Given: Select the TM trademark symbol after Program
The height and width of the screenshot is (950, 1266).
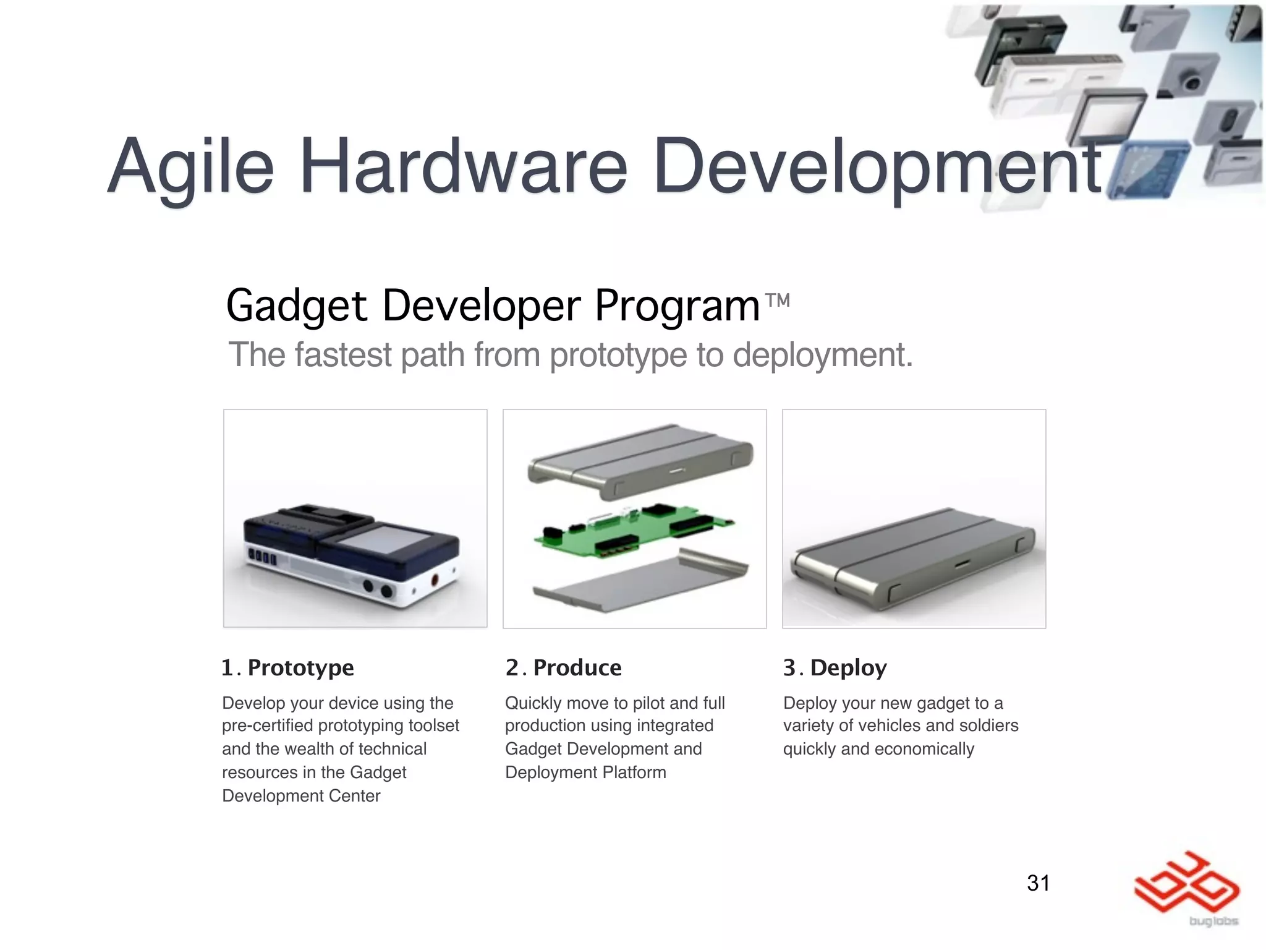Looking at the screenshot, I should (777, 301).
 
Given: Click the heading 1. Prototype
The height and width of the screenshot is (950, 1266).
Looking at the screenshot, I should (287, 668).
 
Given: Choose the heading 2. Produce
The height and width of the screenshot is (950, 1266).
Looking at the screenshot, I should (563, 668).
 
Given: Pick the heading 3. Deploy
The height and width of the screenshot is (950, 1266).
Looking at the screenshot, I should (835, 668).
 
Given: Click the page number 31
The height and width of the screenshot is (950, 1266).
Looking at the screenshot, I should (1038, 883).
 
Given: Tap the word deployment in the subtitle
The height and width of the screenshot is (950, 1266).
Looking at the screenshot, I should (823, 355).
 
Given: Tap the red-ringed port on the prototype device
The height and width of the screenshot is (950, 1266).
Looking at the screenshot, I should (435, 581).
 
